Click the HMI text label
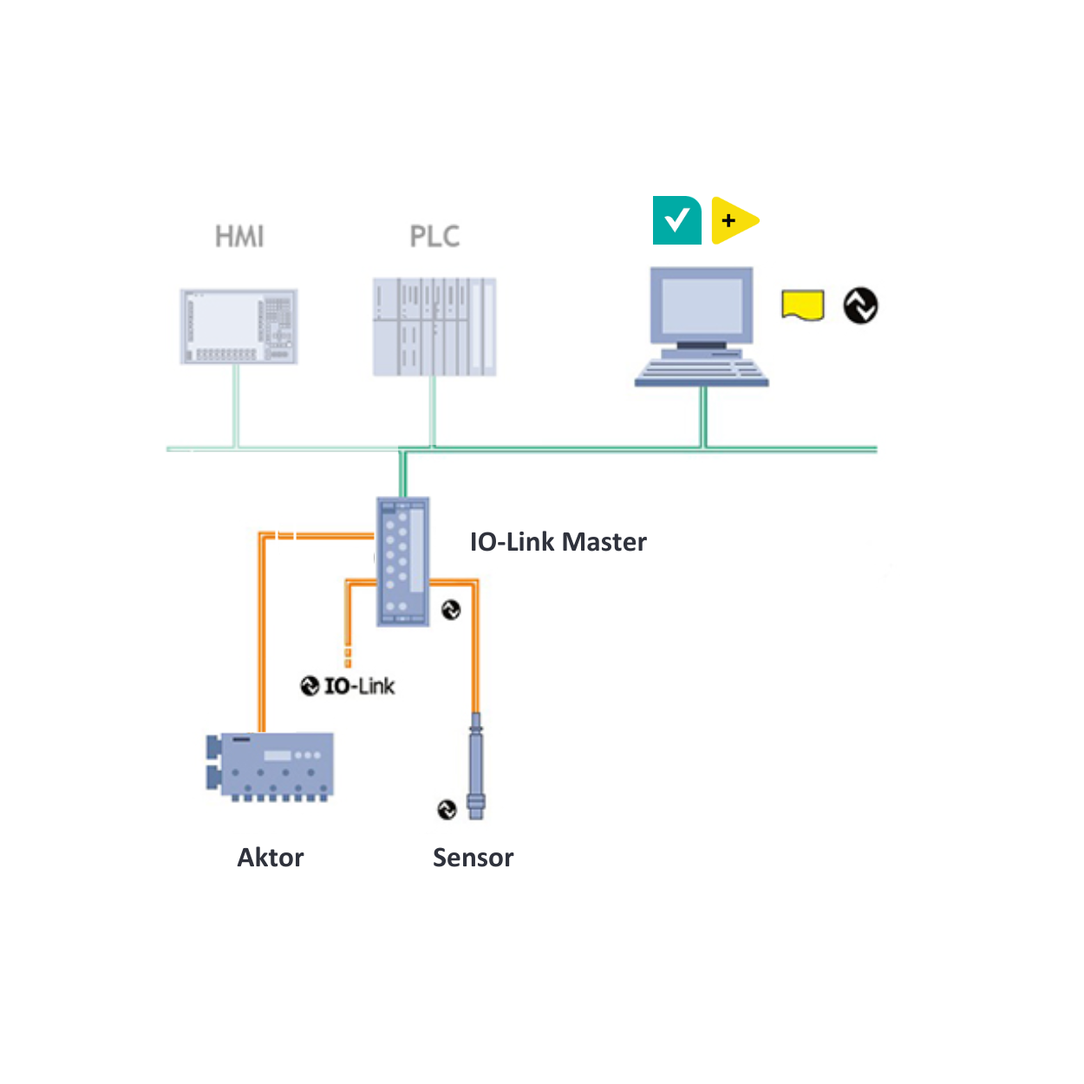pos(239,236)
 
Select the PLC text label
pos(434,236)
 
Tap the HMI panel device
pos(239,326)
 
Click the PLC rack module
pos(434,327)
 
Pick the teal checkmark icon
pos(676,220)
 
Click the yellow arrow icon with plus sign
pos(733,220)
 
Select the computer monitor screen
pos(702,304)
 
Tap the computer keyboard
pos(702,372)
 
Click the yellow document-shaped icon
pos(802,305)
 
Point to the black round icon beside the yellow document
pos(860,305)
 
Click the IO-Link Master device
pos(403,561)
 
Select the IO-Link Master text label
pos(558,542)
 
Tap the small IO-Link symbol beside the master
pos(451,610)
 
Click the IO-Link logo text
pos(348,686)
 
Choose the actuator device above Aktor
pos(271,766)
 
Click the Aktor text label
pos(271,858)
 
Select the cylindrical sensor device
pos(475,766)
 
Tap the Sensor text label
pos(473,858)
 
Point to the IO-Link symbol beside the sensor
pos(447,809)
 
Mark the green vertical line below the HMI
pos(236,406)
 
